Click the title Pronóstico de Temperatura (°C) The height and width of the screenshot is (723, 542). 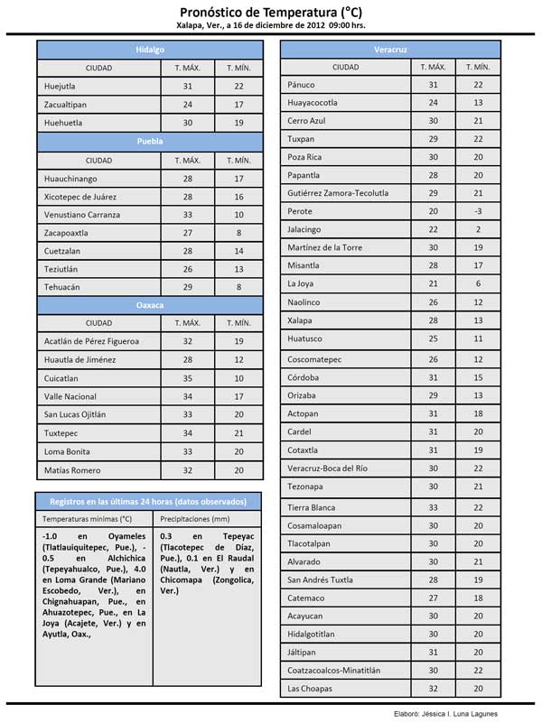pyautogui.click(x=271, y=11)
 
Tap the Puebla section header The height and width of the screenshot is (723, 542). pyautogui.click(x=150, y=142)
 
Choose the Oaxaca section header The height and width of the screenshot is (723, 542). pyautogui.click(x=150, y=304)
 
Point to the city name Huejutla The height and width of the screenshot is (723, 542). pyautogui.click(x=60, y=86)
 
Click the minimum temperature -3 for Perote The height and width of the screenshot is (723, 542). pyautogui.click(x=478, y=211)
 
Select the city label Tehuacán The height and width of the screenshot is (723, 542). pyautogui.click(x=62, y=286)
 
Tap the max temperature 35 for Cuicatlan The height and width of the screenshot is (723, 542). pyautogui.click(x=188, y=378)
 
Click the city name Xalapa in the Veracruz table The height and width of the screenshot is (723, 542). pyautogui.click(x=300, y=320)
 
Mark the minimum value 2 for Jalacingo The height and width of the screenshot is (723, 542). pyautogui.click(x=478, y=229)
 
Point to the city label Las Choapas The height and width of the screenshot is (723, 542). pyautogui.click(x=310, y=689)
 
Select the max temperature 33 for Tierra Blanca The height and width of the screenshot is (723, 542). pyautogui.click(x=433, y=506)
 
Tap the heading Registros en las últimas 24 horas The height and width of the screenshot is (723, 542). pyautogui.click(x=150, y=500)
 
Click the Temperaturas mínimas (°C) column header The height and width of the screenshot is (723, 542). pyautogui.click(x=87, y=519)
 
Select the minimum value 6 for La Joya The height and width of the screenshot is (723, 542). pyautogui.click(x=478, y=283)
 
